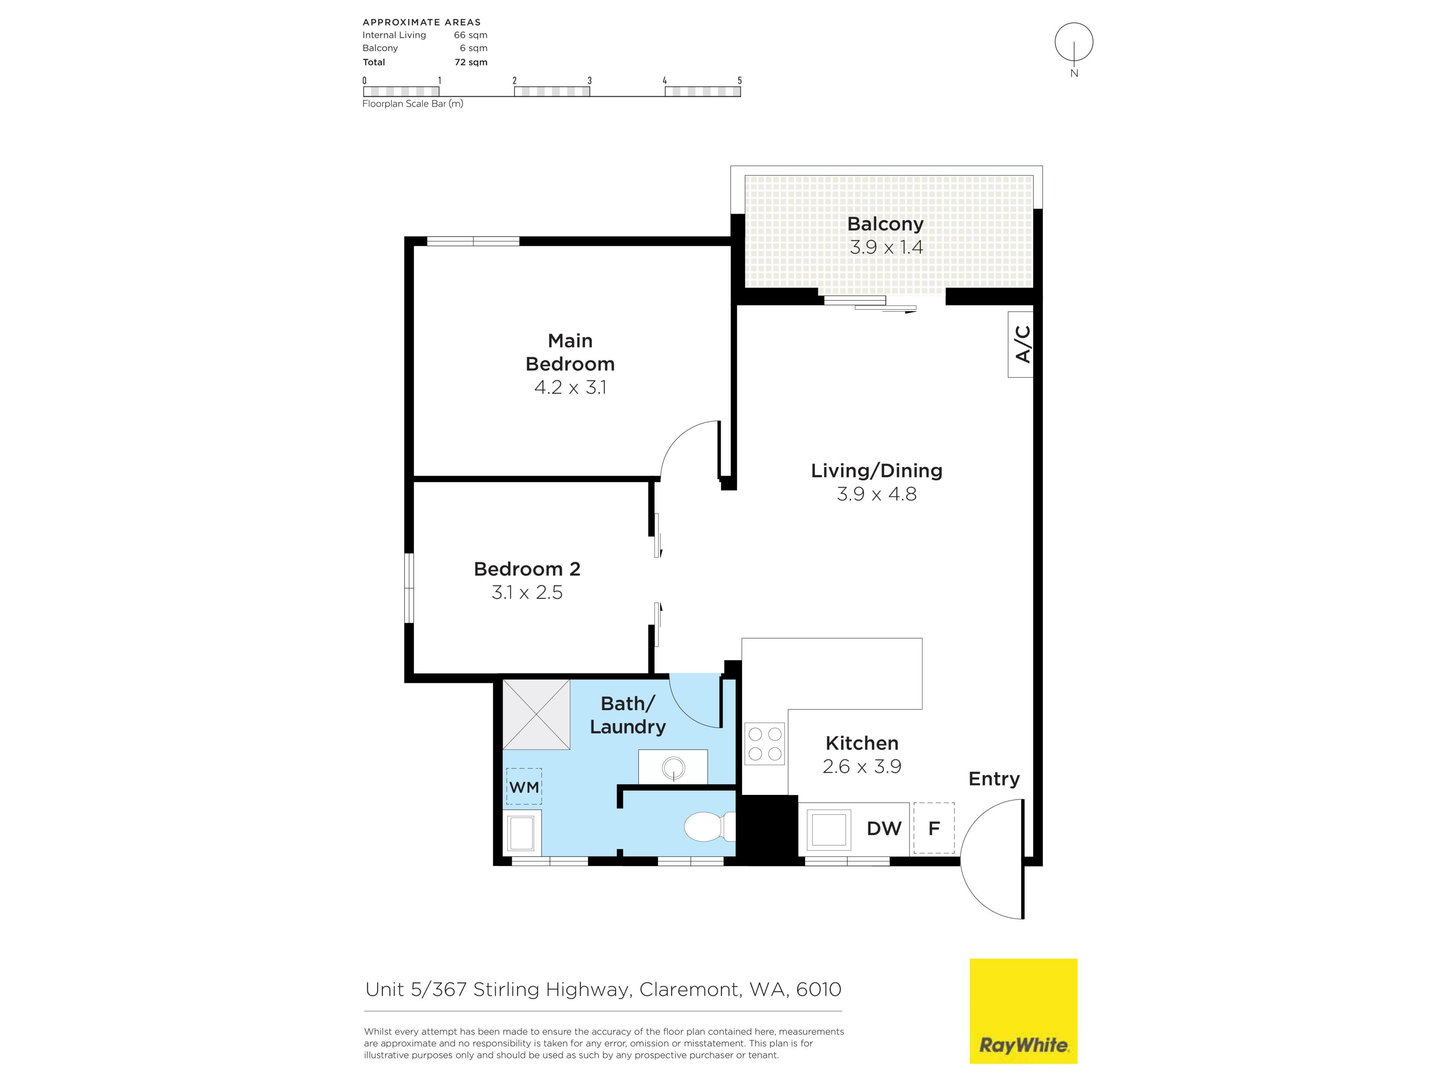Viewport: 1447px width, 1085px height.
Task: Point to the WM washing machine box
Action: pos(524,786)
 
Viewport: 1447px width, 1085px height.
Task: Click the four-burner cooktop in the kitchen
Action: pos(765,744)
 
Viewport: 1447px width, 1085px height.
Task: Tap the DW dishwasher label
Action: pos(884,828)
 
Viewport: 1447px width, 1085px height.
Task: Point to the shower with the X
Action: pos(537,714)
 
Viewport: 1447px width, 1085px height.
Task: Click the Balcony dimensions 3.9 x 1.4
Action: pos(886,247)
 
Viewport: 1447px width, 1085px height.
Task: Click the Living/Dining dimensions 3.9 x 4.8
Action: pos(876,494)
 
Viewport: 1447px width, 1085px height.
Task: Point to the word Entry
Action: pos(994,779)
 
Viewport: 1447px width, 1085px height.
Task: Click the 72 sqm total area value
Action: pos(471,62)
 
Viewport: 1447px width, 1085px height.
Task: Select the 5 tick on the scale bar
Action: pos(740,81)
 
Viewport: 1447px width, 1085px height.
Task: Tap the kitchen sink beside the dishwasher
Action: pos(829,828)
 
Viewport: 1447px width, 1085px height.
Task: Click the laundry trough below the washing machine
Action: pos(522,832)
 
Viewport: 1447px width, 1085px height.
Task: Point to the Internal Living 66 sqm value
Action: pos(471,35)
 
